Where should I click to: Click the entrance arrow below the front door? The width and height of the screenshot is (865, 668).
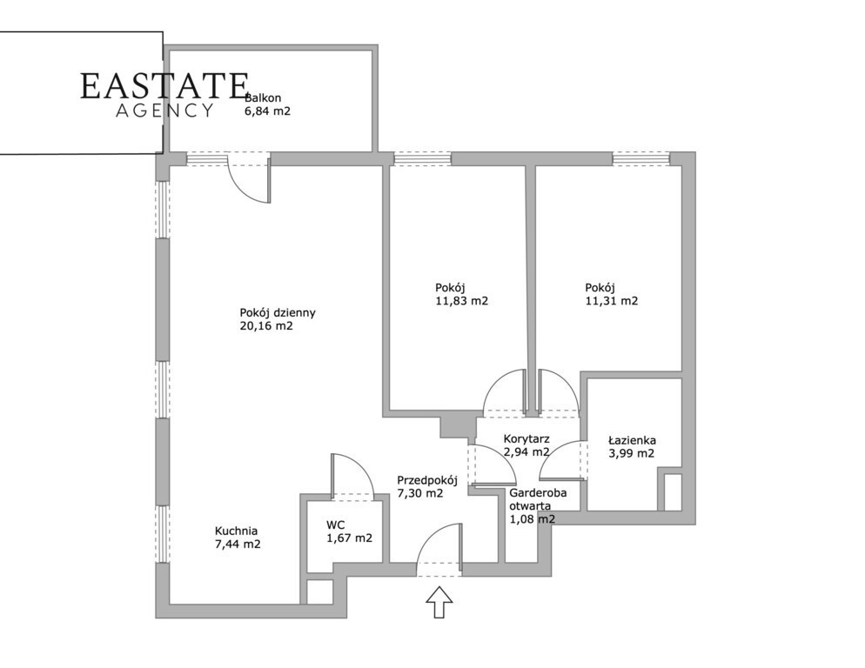tap(439, 602)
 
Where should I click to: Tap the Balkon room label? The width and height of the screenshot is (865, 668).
tap(265, 98)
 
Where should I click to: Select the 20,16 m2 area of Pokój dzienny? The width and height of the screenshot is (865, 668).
tap(266, 326)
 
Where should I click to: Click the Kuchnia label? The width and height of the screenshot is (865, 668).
tap(236, 531)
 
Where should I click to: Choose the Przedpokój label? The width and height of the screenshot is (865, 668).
tap(427, 480)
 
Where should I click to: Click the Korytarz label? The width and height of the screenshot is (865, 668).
tap(526, 439)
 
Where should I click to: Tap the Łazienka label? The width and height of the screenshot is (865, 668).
tap(632, 440)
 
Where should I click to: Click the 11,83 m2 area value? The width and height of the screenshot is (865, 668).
tap(462, 301)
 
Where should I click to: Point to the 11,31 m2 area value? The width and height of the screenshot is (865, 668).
tap(612, 301)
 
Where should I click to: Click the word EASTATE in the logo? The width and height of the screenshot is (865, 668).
tap(164, 86)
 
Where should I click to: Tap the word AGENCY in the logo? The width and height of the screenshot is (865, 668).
tap(164, 110)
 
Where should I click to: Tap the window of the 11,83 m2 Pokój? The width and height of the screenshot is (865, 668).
tap(423, 159)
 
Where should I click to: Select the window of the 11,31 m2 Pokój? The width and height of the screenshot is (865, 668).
tap(641, 159)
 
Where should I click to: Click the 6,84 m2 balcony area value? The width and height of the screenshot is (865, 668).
tap(267, 110)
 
